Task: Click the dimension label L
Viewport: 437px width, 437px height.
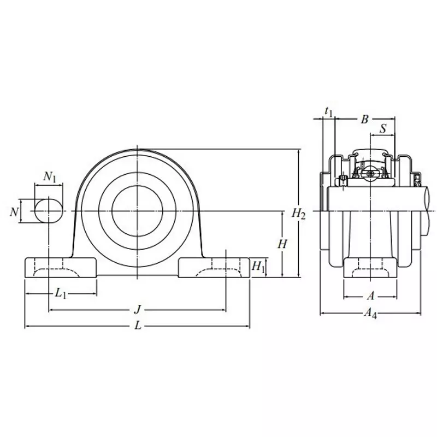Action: pos(138,327)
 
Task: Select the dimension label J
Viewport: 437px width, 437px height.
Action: pos(138,310)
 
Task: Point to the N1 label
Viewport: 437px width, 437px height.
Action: pos(50,176)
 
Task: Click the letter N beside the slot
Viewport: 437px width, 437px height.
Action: pos(14,211)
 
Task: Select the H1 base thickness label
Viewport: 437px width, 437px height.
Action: pos(258,267)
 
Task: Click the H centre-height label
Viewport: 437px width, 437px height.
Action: pos(282,244)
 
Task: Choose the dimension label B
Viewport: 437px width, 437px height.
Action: pos(365,119)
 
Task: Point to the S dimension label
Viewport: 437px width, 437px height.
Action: pos(383,129)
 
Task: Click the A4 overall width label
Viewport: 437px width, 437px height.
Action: pos(370,313)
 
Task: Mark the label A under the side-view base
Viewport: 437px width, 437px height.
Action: pos(370,296)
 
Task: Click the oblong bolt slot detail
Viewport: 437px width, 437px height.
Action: pos(48,211)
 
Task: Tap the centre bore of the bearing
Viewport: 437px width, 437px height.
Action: pos(137,211)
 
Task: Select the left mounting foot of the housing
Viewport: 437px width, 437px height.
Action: pos(61,267)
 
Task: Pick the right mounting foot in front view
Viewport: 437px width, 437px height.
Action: pos(214,267)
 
